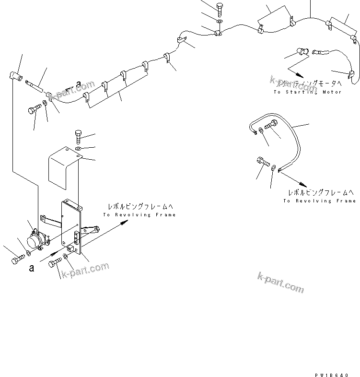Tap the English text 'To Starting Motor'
tap(307, 92)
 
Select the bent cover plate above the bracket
tap(62, 168)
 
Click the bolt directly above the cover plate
tap(79, 137)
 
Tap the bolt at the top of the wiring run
tap(220, 9)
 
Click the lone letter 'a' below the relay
tap(32, 268)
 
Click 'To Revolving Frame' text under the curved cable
tap(319, 200)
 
